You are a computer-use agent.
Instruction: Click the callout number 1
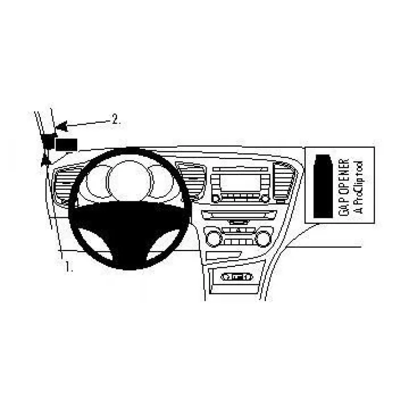[69, 266]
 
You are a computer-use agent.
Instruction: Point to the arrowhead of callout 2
[61, 127]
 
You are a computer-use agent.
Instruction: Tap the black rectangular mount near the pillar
[66, 145]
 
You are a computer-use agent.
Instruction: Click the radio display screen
[240, 183]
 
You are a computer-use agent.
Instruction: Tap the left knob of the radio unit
[215, 199]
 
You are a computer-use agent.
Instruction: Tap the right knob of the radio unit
[265, 199]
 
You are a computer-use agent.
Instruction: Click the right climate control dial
[263, 238]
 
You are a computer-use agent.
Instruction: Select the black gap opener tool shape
[323, 186]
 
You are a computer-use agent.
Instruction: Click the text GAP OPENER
[344, 187]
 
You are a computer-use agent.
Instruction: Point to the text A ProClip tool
[359, 187]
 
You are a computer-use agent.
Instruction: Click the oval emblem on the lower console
[237, 277]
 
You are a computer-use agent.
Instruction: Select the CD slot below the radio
[239, 215]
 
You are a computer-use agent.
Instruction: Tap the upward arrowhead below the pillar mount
[46, 160]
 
